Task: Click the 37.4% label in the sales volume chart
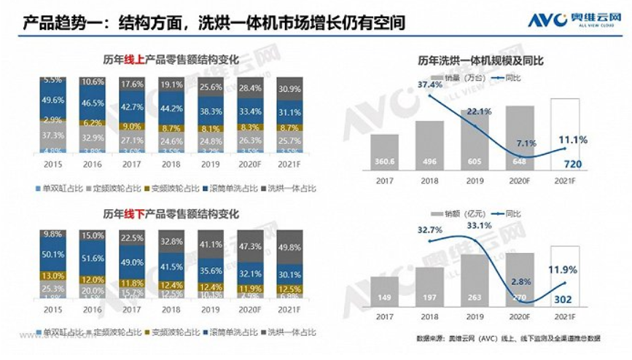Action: click(x=430, y=85)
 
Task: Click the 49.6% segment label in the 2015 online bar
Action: click(x=52, y=101)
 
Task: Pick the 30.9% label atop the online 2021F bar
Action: click(x=289, y=89)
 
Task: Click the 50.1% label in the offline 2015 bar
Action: click(x=52, y=255)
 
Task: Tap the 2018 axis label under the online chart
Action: click(x=171, y=165)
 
